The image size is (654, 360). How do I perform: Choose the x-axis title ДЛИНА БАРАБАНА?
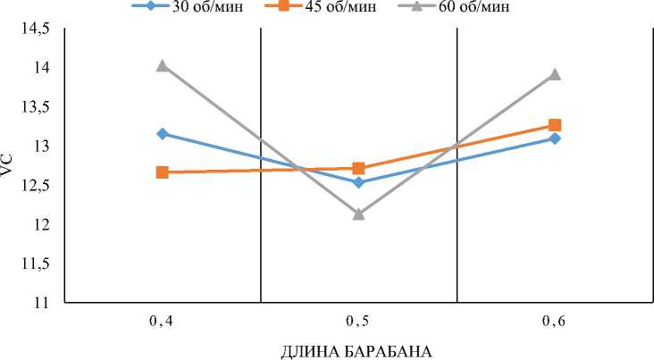(356, 350)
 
